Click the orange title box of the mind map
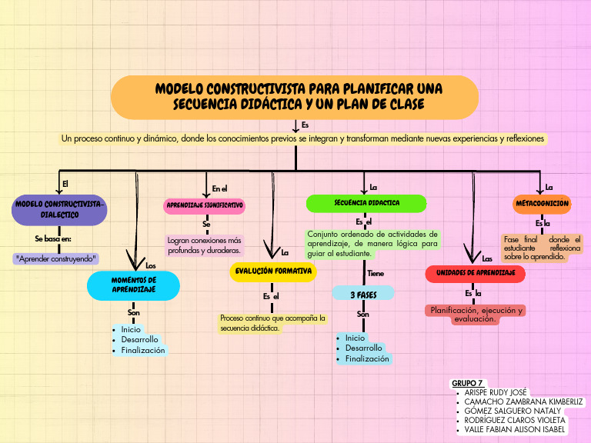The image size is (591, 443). pyautogui.click(x=295, y=96)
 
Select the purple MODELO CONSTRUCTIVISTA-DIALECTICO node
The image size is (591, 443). pyautogui.click(x=59, y=209)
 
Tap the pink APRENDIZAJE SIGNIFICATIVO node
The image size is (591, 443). pyautogui.click(x=205, y=205)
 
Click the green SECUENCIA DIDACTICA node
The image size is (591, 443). pyautogui.click(x=366, y=203)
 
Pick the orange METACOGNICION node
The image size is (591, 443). pyautogui.click(x=542, y=204)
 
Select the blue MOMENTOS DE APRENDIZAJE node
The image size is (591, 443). pyautogui.click(x=134, y=285)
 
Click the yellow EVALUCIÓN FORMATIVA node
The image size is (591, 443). pyautogui.click(x=273, y=271)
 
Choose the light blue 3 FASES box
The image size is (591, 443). pyautogui.click(x=362, y=294)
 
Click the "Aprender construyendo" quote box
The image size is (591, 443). pyautogui.click(x=57, y=258)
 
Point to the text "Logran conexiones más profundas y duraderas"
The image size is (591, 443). pyautogui.click(x=205, y=245)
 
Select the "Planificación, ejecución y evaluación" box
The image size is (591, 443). pyautogui.click(x=476, y=314)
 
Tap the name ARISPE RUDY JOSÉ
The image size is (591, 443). pyautogui.click(x=496, y=392)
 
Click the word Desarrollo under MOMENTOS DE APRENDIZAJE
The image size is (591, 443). pyautogui.click(x=139, y=339)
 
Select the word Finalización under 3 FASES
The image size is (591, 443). pyautogui.click(x=367, y=358)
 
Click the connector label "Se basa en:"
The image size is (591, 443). pyautogui.click(x=53, y=239)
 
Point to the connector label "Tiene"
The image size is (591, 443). pyautogui.click(x=376, y=273)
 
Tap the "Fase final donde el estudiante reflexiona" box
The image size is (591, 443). pyautogui.click(x=542, y=248)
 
